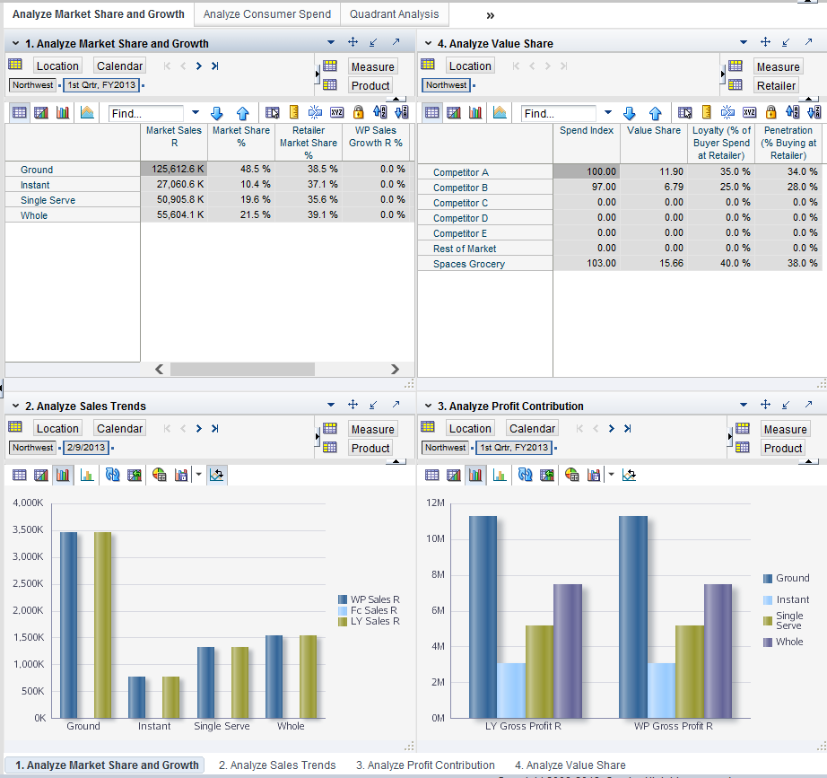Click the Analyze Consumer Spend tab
tap(267, 14)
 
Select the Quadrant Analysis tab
tap(394, 14)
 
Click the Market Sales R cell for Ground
tap(174, 170)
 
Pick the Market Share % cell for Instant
tap(240, 185)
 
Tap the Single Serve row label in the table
tap(48, 200)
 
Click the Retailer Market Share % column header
tap(309, 143)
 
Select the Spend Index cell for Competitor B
tap(587, 188)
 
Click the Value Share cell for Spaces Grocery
tap(654, 264)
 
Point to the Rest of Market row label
tap(465, 249)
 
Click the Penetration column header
tap(788, 143)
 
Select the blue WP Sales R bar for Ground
tap(69, 625)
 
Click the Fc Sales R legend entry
tap(369, 610)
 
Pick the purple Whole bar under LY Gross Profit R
tap(567, 651)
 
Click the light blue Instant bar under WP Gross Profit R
tap(661, 690)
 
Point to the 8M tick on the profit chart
tap(436, 574)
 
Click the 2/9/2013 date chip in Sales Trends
tap(86, 448)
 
